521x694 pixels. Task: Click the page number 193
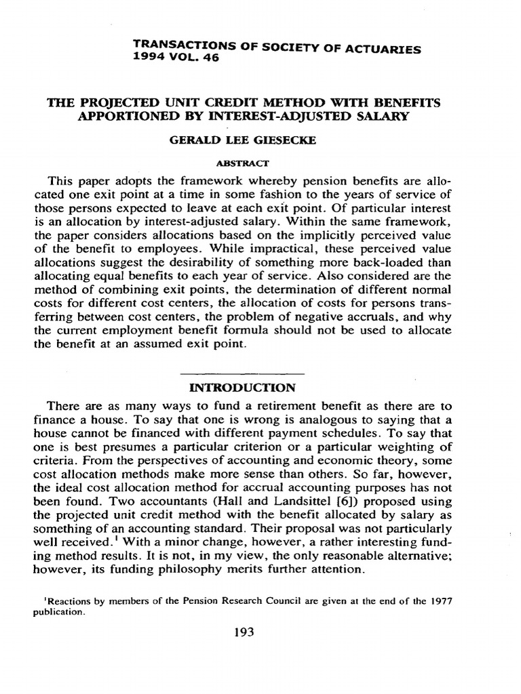point(243,632)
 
